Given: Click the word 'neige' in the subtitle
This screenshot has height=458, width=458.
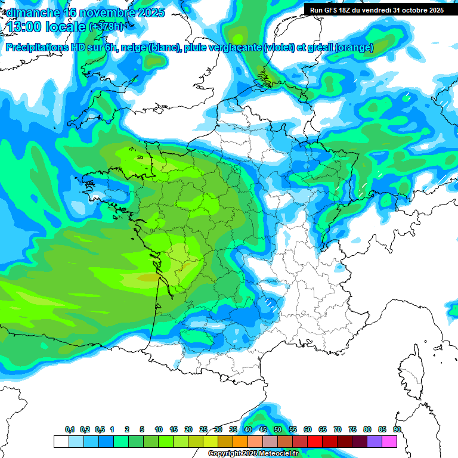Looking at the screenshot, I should point(133,48).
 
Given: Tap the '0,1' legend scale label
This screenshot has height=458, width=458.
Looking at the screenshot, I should point(70,430).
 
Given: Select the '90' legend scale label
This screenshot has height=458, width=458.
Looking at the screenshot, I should point(397,430).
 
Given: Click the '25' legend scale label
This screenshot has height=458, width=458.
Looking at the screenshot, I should point(203,430).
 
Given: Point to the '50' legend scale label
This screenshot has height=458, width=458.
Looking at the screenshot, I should point(278,430).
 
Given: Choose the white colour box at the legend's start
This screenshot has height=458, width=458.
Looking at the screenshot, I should point(61,441).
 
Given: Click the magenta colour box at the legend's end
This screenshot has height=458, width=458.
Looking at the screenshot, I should point(389,441).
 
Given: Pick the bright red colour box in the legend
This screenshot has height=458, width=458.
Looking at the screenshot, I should point(315,441).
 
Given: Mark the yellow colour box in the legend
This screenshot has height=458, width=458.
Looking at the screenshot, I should point(211,441).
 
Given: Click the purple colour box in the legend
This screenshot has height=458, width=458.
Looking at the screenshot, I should point(375,441).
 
